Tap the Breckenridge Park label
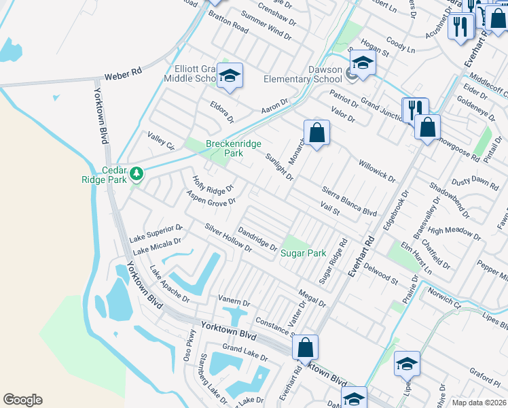224,148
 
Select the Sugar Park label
304,253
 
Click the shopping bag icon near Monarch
316,132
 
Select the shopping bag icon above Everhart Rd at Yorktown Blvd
306,347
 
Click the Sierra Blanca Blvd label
349,203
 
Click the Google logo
22,400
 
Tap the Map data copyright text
479,403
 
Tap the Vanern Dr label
234,300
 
